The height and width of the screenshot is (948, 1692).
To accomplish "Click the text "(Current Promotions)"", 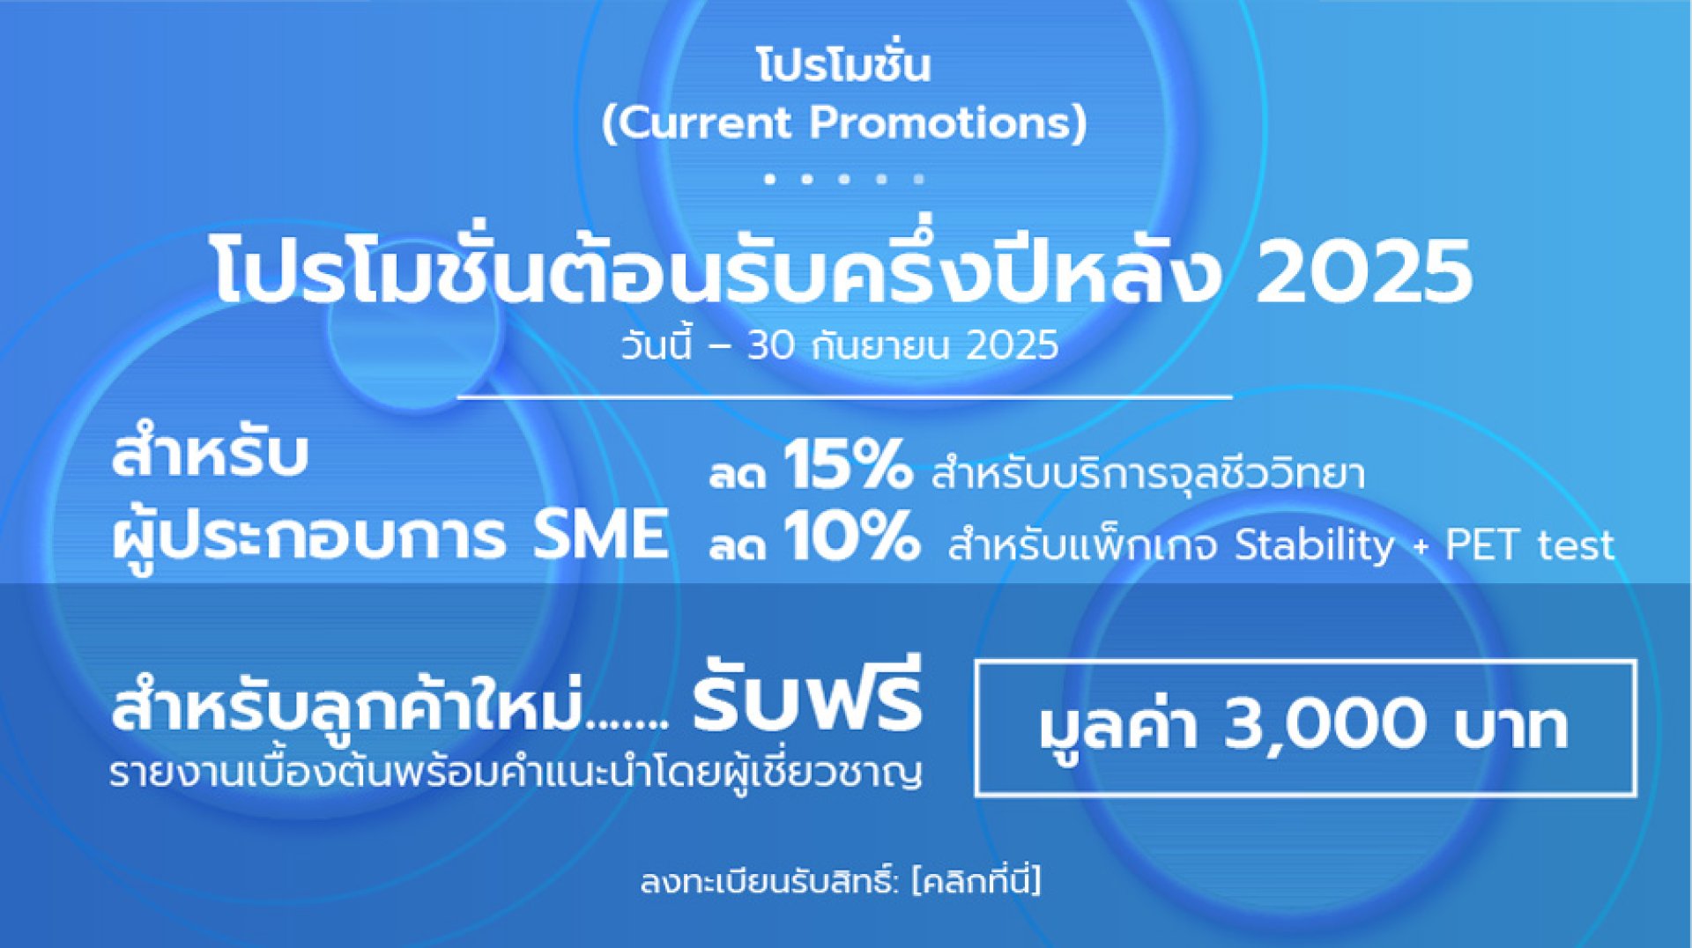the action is click(844, 122).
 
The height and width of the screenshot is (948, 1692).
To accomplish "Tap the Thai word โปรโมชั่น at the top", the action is click(844, 63).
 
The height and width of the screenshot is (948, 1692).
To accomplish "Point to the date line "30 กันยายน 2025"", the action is click(902, 345).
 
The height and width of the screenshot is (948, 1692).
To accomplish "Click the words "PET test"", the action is click(1530, 545).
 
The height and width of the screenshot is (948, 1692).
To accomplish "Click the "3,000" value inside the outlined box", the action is click(1325, 724).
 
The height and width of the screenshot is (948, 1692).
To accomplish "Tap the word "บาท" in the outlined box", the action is click(1511, 727).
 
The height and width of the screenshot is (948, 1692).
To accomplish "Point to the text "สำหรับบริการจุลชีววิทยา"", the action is click(1148, 473).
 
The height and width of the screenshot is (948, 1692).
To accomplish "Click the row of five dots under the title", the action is click(844, 179).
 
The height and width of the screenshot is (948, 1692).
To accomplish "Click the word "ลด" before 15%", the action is click(738, 475).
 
